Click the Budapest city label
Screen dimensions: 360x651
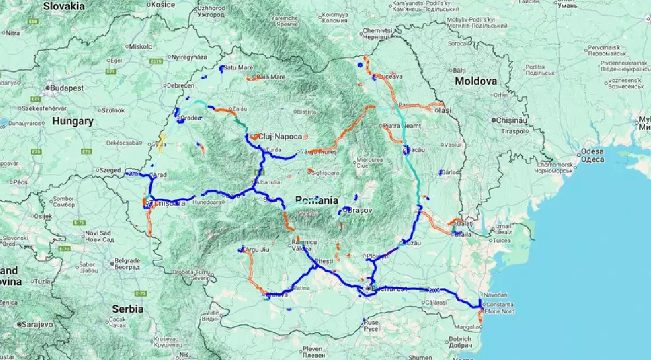67,87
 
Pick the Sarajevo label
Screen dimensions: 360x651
36,324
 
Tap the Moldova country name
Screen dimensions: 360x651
476,81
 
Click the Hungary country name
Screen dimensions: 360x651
73,121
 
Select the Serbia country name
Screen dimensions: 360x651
127,309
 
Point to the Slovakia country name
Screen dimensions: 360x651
64,6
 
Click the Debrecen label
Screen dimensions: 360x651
181,86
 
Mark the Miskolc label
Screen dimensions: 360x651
141,47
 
